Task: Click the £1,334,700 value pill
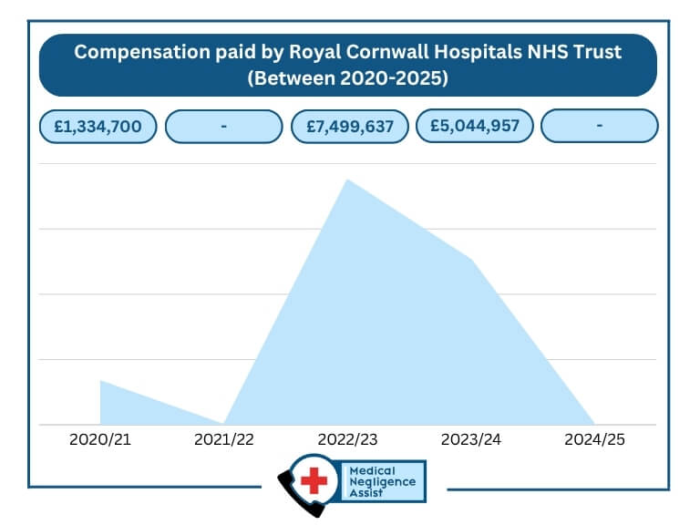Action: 98,127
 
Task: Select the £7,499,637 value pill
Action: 349,127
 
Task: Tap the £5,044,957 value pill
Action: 474,126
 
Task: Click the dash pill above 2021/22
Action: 223,127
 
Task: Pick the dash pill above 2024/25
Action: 599,126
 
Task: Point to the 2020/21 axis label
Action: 100,439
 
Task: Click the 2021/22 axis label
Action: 224,439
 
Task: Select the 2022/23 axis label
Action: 347,439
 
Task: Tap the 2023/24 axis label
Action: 471,439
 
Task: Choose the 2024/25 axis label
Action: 594,439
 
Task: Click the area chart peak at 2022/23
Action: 347,180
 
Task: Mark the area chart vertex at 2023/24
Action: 471,260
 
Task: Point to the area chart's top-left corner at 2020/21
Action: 100,381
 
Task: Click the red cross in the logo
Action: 314,481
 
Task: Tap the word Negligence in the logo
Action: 383,481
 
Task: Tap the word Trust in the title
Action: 596,52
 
